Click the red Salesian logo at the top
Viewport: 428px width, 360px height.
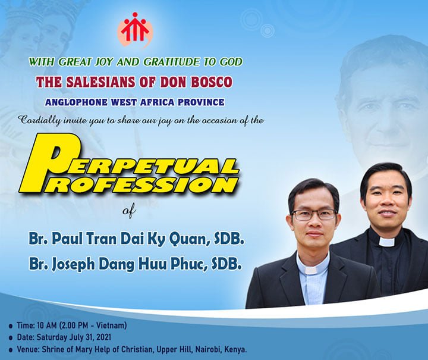click(135, 30)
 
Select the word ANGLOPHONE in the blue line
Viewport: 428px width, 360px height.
click(76, 102)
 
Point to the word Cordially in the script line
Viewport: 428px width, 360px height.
click(40, 120)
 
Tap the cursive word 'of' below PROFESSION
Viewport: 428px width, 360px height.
click(129, 211)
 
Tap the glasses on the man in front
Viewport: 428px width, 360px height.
click(314, 215)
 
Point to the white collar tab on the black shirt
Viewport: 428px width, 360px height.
click(386, 242)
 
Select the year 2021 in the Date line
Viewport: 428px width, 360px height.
click(103, 337)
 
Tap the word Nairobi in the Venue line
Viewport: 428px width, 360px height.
click(208, 349)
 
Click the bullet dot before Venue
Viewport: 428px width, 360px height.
click(11, 350)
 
